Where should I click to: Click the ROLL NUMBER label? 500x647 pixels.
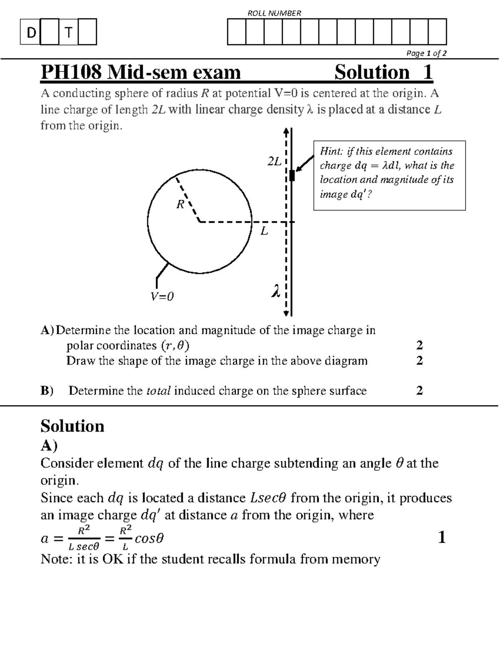tap(274, 13)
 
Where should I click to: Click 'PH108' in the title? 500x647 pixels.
tap(70, 72)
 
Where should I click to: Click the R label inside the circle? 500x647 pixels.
tap(180, 204)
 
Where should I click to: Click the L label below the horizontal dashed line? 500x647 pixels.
tap(264, 231)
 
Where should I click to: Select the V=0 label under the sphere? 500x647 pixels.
tap(162, 297)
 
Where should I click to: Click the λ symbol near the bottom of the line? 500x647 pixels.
tap(275, 291)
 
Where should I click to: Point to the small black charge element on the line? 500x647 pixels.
tap(292, 175)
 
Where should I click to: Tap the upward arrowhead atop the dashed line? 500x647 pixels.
tap(286, 131)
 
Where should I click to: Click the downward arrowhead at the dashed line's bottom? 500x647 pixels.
tap(286, 313)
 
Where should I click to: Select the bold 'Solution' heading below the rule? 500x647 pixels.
tap(72, 426)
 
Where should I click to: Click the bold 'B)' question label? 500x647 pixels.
tap(47, 391)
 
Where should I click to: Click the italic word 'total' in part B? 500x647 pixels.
tap(159, 391)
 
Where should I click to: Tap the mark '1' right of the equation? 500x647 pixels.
tap(442, 538)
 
